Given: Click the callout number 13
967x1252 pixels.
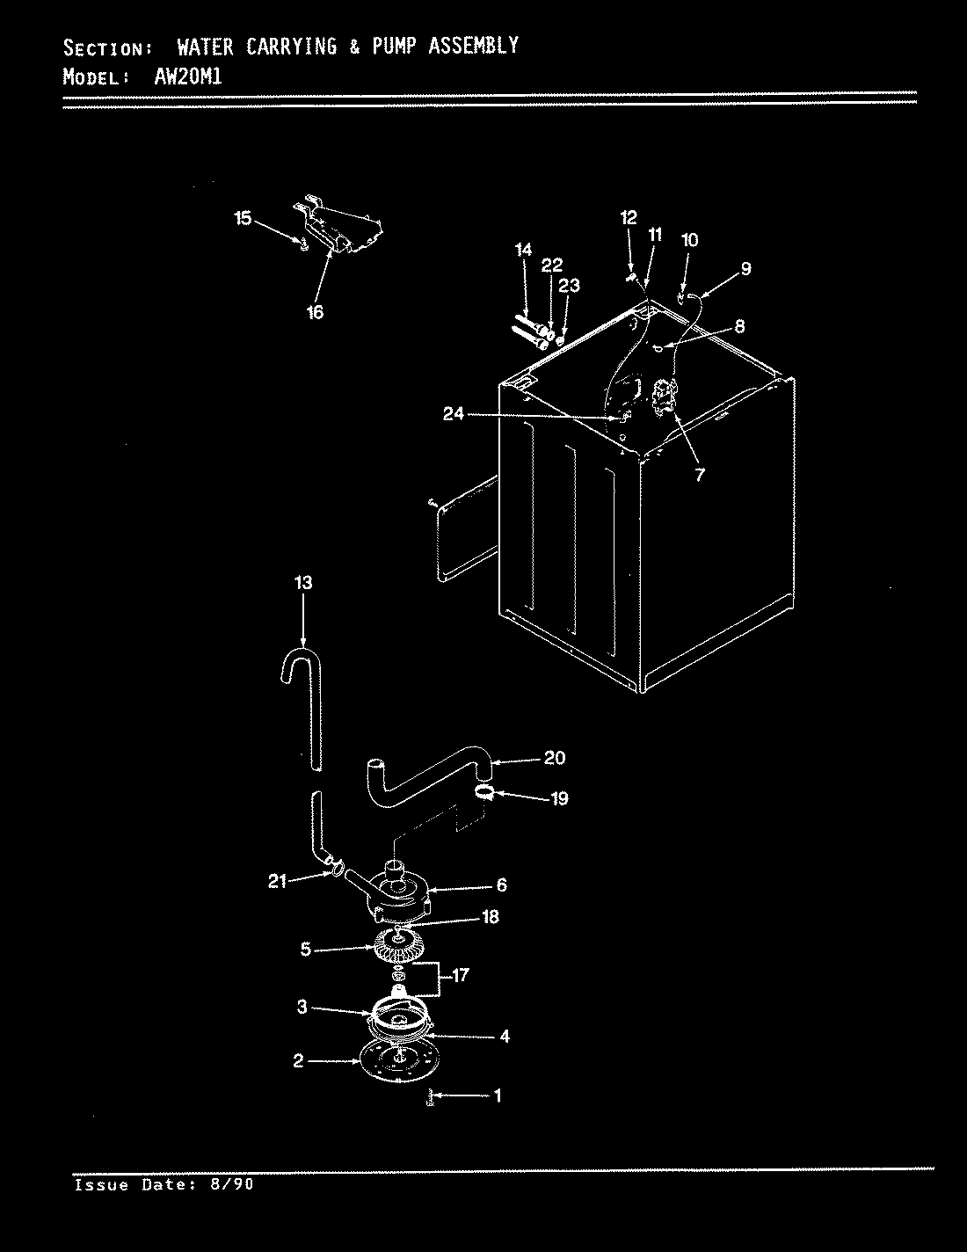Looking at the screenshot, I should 302,583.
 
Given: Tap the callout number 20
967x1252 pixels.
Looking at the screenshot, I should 554,758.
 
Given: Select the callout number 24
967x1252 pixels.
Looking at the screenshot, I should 453,414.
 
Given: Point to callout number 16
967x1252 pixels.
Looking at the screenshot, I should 315,311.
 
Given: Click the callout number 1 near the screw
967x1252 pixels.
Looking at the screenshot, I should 498,1095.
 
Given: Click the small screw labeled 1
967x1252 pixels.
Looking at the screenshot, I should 429,1097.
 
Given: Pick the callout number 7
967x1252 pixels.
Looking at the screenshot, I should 700,475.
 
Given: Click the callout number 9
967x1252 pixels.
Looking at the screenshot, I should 745,269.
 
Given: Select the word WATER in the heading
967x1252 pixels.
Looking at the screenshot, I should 205,47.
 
